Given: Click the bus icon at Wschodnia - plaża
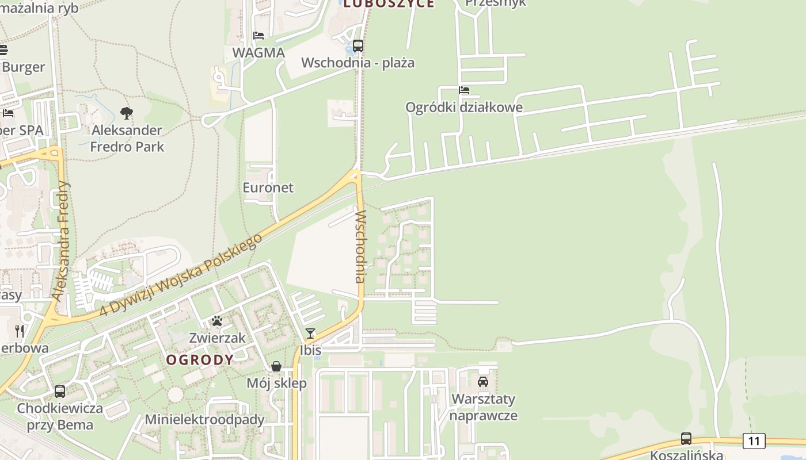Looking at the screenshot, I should point(358,46).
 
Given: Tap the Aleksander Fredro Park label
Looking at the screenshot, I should point(127,139).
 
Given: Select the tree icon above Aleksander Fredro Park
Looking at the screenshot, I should point(127,113).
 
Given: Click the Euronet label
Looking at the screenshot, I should point(268,187).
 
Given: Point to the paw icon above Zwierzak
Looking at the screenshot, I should point(217,321).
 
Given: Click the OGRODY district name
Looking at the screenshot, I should point(200,360).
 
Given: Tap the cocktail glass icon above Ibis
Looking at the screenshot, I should point(310,333).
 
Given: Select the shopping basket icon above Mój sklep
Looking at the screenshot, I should point(276,366).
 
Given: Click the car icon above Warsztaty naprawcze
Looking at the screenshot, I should point(483,382).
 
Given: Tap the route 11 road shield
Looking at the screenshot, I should point(754,441).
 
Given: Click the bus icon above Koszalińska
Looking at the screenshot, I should point(686,439).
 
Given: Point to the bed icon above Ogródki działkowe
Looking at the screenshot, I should point(464,90).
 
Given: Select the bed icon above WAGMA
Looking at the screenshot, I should point(258,36).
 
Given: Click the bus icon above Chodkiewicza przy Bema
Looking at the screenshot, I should point(60,392).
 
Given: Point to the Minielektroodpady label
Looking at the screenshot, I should point(204,419).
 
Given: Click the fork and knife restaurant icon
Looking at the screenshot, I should point(20,331).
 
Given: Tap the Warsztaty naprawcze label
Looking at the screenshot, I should point(484,407).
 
